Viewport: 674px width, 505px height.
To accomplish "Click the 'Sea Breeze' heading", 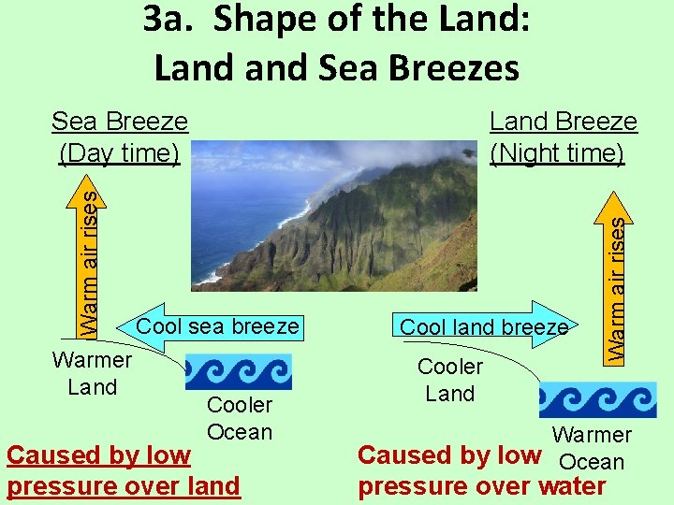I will (x=119, y=122).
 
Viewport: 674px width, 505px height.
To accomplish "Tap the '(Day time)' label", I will (x=119, y=152).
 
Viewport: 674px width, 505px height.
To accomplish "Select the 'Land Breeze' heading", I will (x=564, y=122).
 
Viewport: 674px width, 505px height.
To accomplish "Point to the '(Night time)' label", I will (x=558, y=152).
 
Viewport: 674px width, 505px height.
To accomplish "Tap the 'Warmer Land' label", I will (x=92, y=373).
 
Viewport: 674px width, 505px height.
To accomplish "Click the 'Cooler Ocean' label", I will (x=240, y=418).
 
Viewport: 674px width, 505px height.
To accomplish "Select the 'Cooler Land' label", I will (x=450, y=380).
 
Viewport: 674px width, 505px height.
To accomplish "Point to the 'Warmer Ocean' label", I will (x=592, y=448).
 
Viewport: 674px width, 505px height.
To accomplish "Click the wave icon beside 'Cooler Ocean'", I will (x=239, y=371).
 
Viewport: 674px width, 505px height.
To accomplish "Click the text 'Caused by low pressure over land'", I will (x=122, y=471).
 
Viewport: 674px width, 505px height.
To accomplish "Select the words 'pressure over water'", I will (x=482, y=486).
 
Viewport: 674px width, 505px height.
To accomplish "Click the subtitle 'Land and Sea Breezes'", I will (x=336, y=67).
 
